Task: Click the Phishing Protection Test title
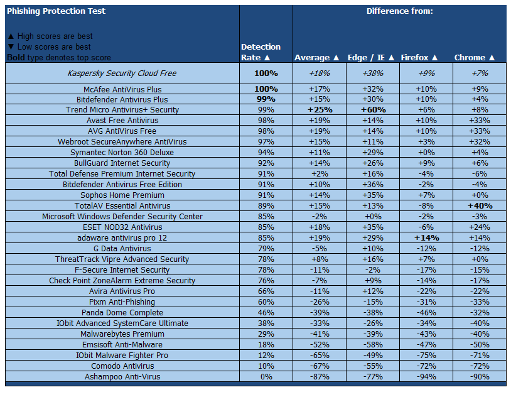[56, 11]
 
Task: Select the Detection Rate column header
[261, 52]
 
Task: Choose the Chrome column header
[475, 58]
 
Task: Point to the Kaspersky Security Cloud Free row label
[122, 73]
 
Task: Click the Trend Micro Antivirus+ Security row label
[122, 110]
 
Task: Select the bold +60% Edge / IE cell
[373, 110]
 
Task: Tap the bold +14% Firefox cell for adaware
[426, 238]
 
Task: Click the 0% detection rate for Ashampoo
[266, 377]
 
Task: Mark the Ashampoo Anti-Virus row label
[122, 377]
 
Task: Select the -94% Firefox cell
[426, 377]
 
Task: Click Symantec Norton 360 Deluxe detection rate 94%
[266, 153]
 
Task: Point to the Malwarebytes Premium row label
[122, 334]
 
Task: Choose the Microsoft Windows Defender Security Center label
[122, 217]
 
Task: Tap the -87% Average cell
[320, 377]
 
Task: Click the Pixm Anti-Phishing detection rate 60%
[266, 302]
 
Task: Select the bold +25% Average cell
[320, 110]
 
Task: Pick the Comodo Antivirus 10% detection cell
[266, 366]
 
